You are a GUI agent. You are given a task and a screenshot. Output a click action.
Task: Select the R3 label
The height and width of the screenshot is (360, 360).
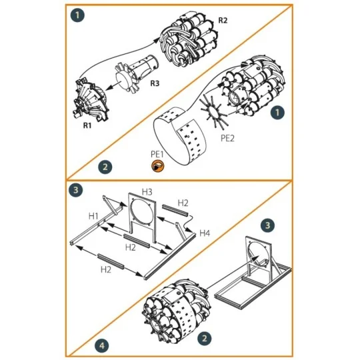point(154,83)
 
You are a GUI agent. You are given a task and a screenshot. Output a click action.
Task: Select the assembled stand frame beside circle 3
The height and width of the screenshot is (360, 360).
point(253,273)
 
